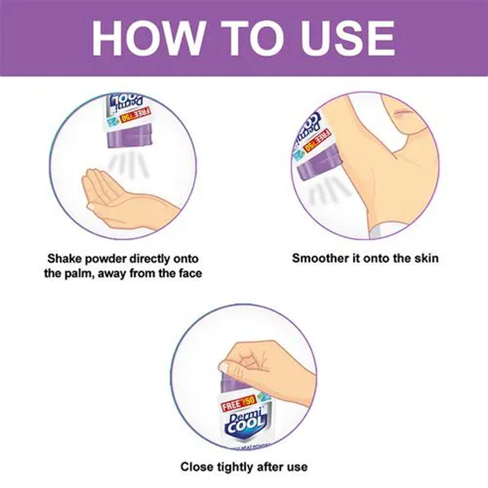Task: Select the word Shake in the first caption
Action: [x=65, y=258]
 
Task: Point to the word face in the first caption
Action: [x=188, y=273]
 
